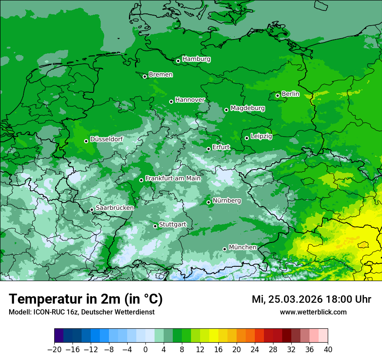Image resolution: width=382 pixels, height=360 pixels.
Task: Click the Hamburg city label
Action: tap(196, 59)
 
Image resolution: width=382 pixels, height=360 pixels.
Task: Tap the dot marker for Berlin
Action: tap(278, 95)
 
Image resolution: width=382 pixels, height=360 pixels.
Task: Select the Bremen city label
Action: tap(161, 75)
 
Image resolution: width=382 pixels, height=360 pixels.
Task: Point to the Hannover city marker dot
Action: tap(171, 101)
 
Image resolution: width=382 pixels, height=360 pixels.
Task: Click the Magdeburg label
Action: tap(247, 108)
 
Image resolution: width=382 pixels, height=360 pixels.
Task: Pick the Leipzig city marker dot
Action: tap(247, 138)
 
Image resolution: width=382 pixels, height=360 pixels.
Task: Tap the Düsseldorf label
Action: tap(106, 139)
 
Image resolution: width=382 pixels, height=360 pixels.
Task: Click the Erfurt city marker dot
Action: tap(208, 149)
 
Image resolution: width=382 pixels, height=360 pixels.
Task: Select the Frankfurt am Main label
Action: tap(173, 178)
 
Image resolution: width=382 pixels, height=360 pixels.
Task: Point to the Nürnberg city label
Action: tap(227, 200)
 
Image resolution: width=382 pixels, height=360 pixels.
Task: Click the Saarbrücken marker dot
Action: tap(92, 209)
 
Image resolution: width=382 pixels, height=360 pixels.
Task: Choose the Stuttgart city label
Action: tap(173, 224)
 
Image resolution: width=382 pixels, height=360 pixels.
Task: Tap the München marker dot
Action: tap(224, 249)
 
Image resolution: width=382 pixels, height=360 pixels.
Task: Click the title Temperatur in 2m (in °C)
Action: tap(86, 299)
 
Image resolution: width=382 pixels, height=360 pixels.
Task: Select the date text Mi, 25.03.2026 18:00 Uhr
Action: tap(311, 299)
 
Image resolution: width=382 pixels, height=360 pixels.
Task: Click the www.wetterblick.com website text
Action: tap(313, 312)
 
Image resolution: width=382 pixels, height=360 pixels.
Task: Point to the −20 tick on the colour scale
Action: tap(54, 350)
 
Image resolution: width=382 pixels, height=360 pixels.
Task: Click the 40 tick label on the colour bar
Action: tap(328, 350)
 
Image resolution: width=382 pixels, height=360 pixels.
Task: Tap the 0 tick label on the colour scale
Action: tap(145, 350)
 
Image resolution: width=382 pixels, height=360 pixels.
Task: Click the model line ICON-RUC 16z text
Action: tap(81, 312)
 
